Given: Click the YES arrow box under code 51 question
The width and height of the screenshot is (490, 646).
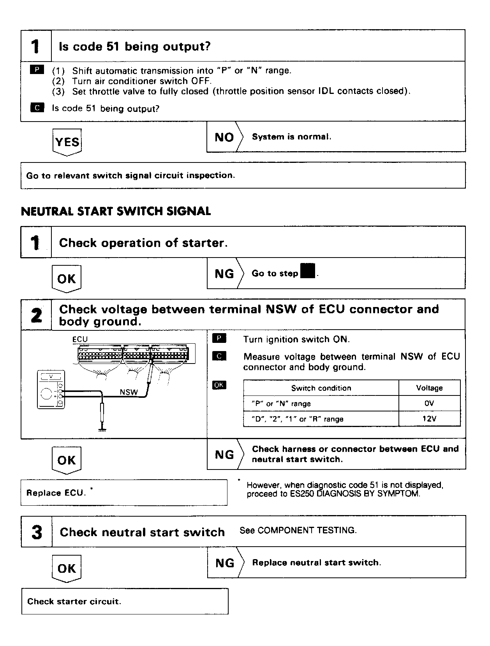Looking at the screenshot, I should click(x=67, y=142).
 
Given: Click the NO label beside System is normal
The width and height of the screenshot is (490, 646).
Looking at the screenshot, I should click(x=224, y=137).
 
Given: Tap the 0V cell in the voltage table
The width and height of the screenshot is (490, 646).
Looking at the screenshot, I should click(x=429, y=404).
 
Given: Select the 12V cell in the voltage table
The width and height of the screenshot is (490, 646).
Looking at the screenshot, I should click(x=429, y=419).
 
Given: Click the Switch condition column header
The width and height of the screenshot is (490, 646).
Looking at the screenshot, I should click(x=321, y=388).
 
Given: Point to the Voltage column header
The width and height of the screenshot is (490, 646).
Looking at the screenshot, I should click(x=429, y=388).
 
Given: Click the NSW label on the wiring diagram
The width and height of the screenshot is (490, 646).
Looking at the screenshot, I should click(x=129, y=392).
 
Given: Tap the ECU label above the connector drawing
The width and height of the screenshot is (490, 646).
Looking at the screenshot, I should click(x=80, y=339).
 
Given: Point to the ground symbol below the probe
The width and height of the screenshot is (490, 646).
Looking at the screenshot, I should click(x=102, y=430).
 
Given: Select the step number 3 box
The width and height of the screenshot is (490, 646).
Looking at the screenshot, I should click(x=36, y=532).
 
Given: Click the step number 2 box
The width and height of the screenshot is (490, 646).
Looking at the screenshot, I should click(x=36, y=315).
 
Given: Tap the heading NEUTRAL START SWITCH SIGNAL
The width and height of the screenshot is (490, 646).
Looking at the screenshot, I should click(x=116, y=212).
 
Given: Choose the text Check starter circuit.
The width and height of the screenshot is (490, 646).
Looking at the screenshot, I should click(x=74, y=602).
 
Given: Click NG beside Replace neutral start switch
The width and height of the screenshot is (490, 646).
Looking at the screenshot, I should click(x=225, y=563).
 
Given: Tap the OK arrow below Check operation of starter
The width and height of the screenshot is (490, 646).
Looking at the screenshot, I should click(x=67, y=279).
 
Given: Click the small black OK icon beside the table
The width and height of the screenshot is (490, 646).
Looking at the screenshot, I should click(x=219, y=385).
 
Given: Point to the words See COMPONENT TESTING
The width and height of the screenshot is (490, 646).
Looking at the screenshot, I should click(x=298, y=530).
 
